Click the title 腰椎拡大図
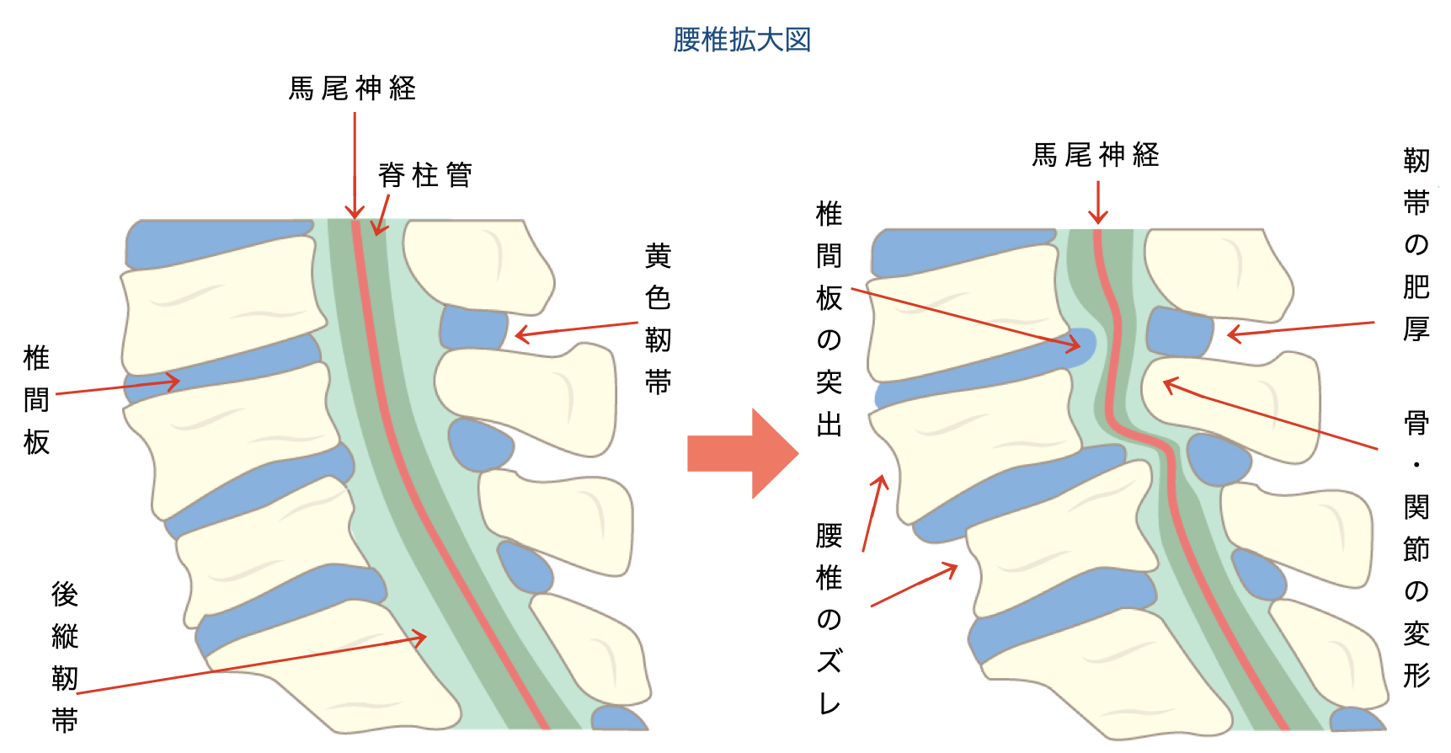pos(742,40)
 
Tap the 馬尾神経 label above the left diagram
pos(352,88)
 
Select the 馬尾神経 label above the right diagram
pos(1096,155)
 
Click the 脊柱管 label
pos(424,175)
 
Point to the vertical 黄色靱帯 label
pos(658,319)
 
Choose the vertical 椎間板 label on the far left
pos(36,400)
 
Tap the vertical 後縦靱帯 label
pos(65,657)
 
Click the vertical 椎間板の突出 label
pos(830,319)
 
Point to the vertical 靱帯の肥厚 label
pos(1416,244)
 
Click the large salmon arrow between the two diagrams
pos(743,453)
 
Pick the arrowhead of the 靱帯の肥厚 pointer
pos(1233,334)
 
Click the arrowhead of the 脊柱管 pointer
pos(379,230)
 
